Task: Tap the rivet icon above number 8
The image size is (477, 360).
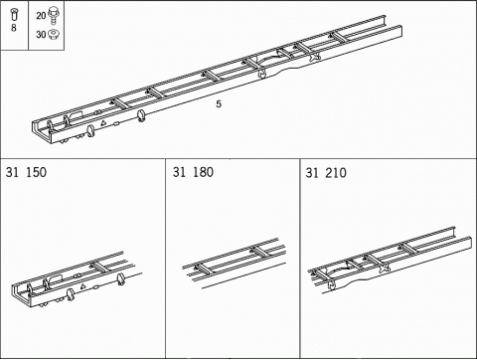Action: click(14, 15)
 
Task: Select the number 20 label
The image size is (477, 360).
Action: click(41, 16)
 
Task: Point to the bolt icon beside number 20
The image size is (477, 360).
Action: click(54, 15)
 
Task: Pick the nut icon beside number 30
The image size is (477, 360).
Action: click(54, 33)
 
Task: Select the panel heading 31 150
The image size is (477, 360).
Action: click(26, 172)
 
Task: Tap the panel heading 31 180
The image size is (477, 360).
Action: click(193, 172)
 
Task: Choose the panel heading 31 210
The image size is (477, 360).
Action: click(327, 172)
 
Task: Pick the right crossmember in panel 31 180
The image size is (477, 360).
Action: click(263, 252)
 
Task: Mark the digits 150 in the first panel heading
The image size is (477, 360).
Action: click(35, 172)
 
